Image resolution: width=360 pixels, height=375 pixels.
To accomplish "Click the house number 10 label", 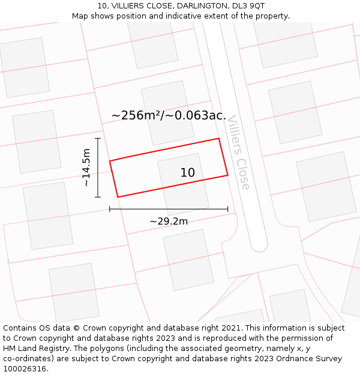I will [x=188, y=173].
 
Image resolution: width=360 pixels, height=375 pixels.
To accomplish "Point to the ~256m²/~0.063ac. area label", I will [x=169, y=115].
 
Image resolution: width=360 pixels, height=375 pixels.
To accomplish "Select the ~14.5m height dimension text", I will [x=86, y=167].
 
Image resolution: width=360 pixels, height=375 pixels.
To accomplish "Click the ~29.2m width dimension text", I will [x=169, y=221].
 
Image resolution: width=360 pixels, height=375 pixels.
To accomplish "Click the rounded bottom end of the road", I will [x=259, y=245].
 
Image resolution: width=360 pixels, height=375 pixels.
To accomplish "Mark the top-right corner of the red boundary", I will [x=218, y=139].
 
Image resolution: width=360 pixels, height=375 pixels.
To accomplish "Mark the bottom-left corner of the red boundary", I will [x=118, y=197].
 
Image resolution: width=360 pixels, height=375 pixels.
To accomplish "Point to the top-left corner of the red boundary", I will [x=109, y=161].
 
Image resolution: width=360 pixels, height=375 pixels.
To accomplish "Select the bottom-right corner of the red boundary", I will [x=228, y=175].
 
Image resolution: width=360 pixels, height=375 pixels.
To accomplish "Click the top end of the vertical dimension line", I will [x=98, y=138].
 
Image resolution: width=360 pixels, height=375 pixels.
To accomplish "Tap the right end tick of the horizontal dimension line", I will [x=228, y=209].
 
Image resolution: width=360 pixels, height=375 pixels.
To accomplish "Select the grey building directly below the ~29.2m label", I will [x=188, y=259].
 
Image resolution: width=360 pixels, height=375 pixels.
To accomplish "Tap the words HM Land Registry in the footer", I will [x=31, y=349].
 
